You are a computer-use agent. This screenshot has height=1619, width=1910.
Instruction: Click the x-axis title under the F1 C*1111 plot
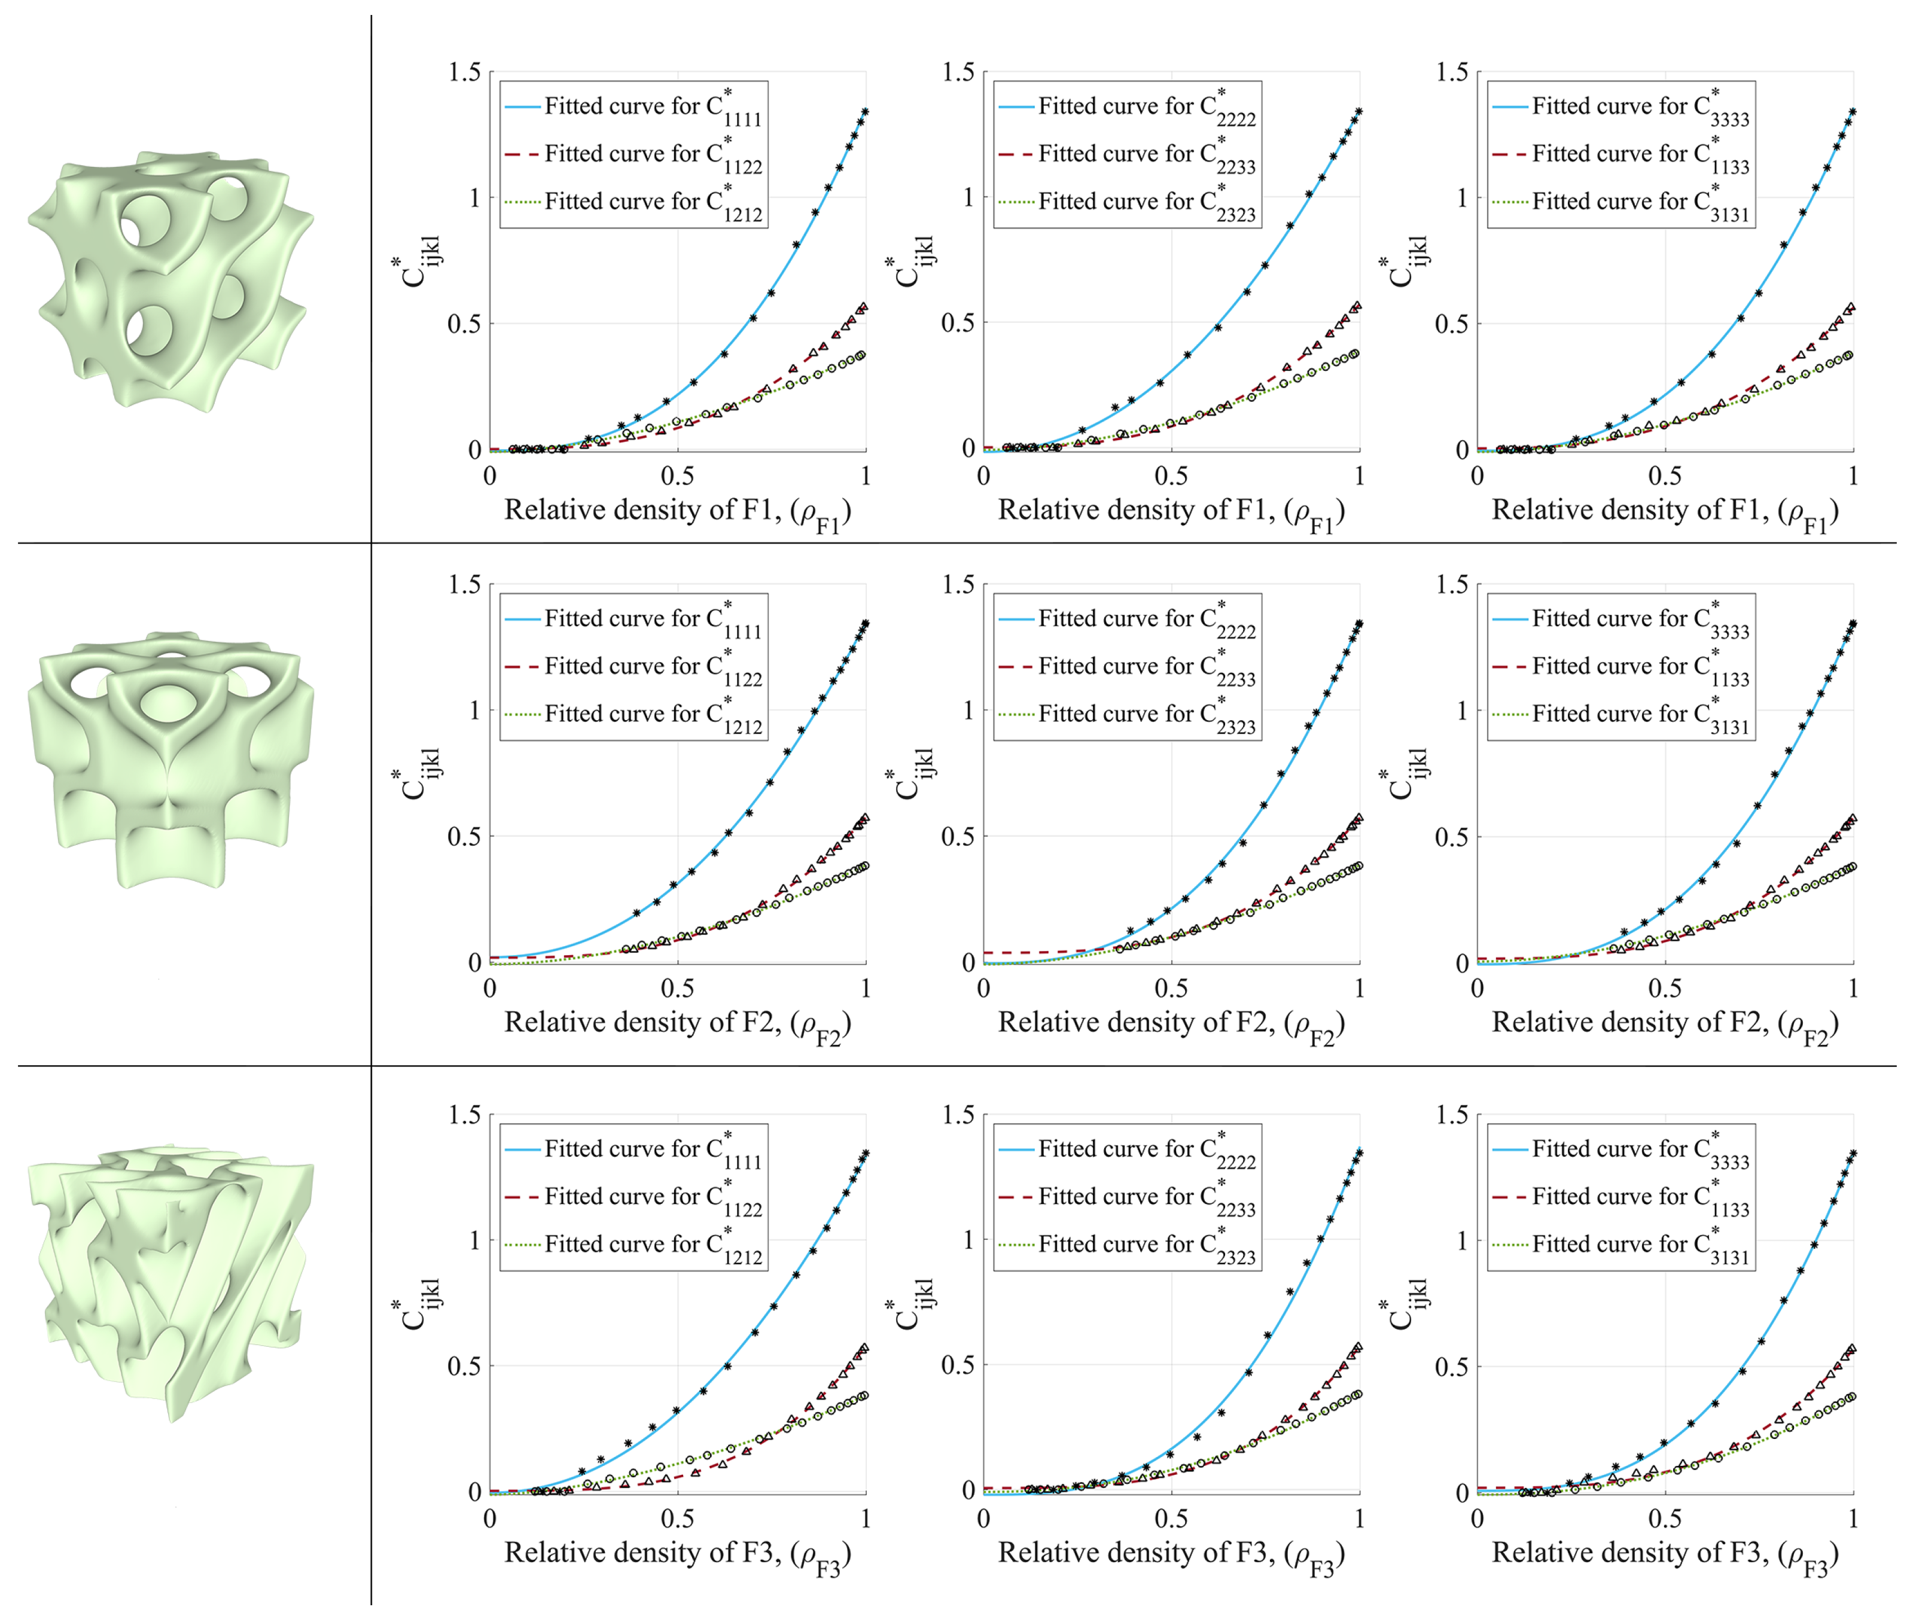(x=677, y=512)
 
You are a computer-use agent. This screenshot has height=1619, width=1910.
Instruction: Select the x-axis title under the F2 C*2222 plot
(x=1171, y=1025)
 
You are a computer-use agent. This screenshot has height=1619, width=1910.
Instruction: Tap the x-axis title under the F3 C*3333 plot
(x=1665, y=1555)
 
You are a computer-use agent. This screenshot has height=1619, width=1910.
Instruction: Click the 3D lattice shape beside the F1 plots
(x=170, y=280)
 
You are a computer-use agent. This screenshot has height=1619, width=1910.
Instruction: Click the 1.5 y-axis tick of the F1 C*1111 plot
(x=464, y=72)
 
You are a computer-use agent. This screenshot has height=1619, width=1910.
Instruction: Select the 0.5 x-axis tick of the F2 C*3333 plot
(x=1665, y=989)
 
